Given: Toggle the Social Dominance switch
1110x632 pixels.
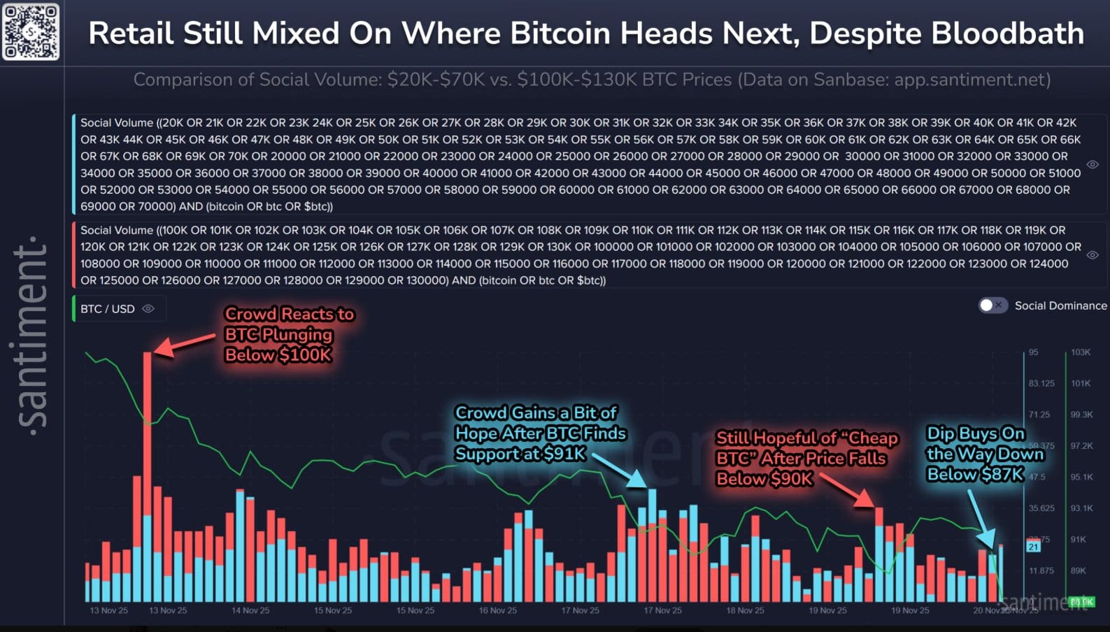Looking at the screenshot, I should [x=992, y=306].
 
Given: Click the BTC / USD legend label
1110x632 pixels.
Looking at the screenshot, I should [x=107, y=309].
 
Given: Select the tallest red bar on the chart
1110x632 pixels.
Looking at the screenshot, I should [x=147, y=475].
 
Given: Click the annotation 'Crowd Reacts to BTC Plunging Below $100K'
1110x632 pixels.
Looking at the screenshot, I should [x=289, y=334].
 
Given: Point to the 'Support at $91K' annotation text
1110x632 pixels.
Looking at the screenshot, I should [x=520, y=454].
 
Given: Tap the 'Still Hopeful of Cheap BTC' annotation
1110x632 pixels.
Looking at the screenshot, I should [x=806, y=458].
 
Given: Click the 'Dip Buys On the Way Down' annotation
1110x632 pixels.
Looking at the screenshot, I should [x=984, y=454].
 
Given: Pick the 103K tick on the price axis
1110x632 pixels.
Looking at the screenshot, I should [x=1080, y=352].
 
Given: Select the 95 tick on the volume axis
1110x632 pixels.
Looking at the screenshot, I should [x=1033, y=352].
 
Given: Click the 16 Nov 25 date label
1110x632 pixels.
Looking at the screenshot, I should [x=497, y=610].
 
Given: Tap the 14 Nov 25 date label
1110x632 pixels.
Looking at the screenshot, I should [x=250, y=610].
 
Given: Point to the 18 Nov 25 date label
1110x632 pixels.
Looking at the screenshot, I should [x=745, y=610].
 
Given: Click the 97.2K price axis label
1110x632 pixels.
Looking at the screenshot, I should [x=1081, y=445].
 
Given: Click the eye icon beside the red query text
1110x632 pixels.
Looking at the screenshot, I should [x=1093, y=255].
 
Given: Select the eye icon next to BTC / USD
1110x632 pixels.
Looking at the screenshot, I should [x=148, y=309].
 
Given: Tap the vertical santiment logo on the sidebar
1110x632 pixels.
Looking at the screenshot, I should [x=32, y=336].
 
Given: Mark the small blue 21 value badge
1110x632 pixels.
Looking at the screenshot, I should [x=1033, y=547].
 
